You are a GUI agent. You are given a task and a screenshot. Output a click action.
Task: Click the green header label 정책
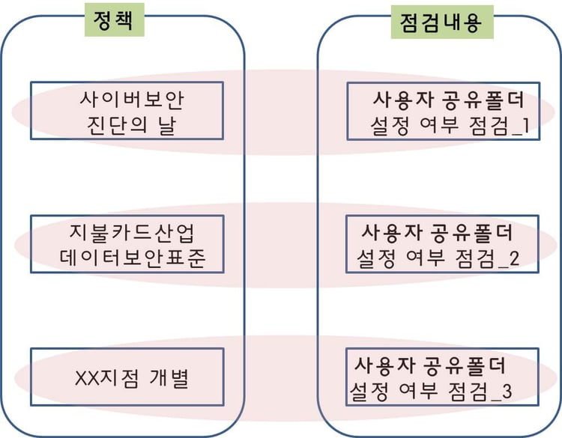click(112, 21)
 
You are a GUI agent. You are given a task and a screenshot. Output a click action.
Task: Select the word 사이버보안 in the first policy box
click(130, 98)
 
